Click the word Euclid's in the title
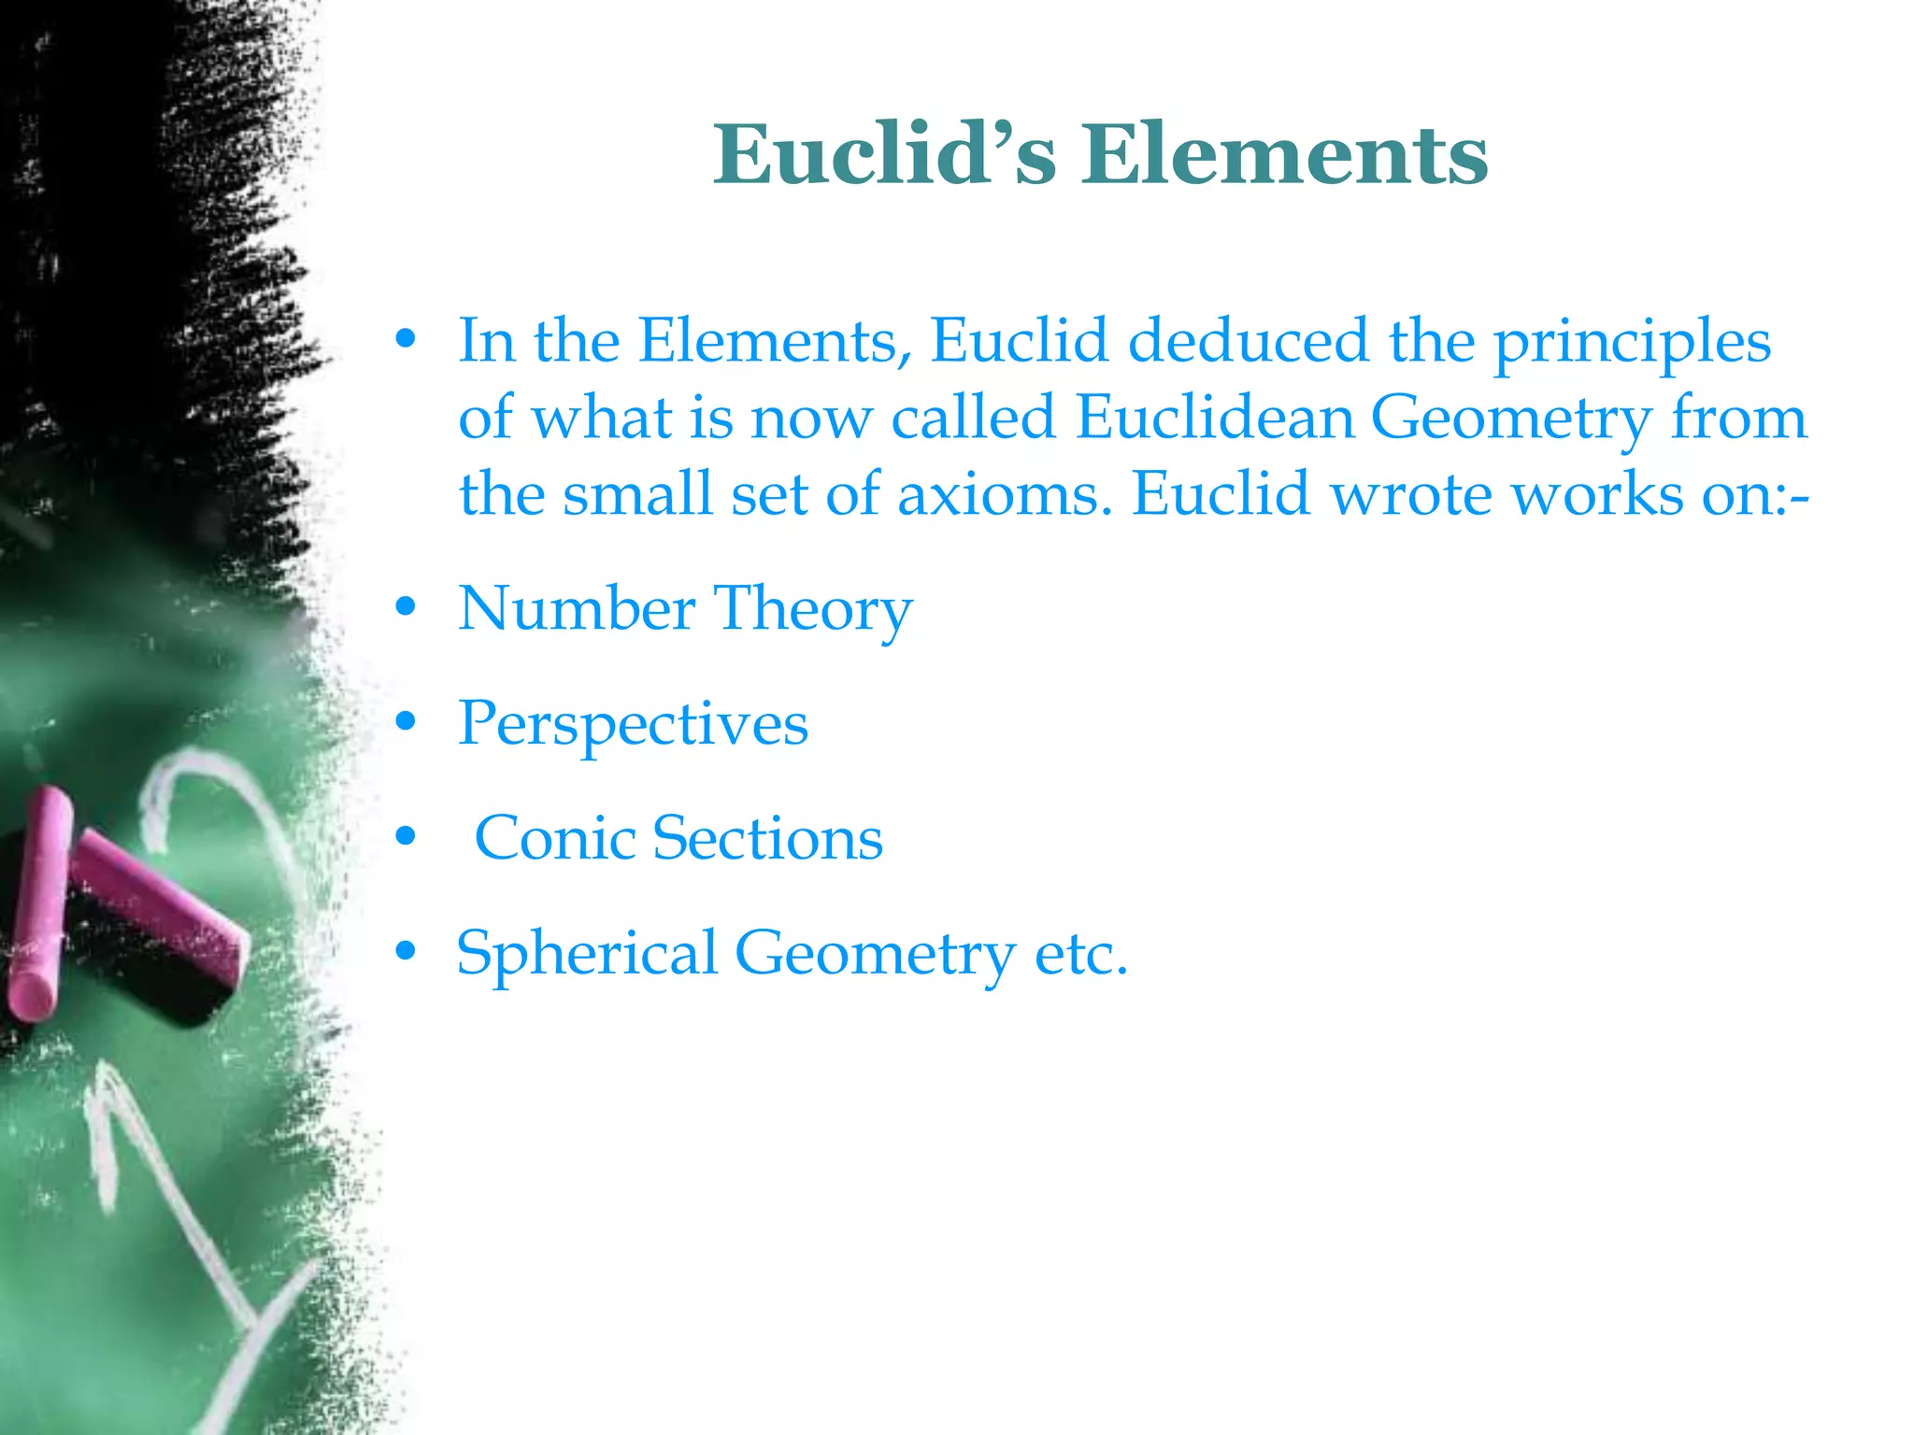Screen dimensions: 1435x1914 [x=884, y=154]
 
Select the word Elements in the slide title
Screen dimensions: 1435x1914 [x=1285, y=154]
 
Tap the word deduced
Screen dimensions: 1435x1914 [x=1250, y=341]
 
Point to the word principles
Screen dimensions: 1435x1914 [x=1632, y=343]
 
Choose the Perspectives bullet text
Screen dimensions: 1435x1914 [x=633, y=725]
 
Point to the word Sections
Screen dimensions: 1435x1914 [x=767, y=838]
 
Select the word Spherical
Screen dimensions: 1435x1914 [x=587, y=954]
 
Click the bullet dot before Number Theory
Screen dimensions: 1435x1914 [x=405, y=608]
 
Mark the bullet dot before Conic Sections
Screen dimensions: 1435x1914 [x=405, y=837]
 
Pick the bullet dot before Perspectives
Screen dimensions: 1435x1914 [x=405, y=722]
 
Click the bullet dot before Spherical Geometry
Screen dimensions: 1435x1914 [x=405, y=952]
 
